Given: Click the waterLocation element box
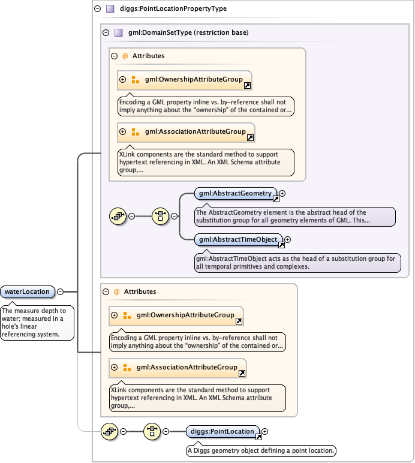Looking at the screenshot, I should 28,292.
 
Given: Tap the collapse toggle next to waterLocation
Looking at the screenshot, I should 60,292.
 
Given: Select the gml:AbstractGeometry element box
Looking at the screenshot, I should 235,194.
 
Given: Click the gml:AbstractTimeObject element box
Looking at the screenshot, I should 238,239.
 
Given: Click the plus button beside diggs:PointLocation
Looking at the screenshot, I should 265,431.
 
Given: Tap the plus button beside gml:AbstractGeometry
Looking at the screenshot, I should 282,194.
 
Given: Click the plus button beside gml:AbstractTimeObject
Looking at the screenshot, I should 287,239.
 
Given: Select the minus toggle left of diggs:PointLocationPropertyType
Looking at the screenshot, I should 97,9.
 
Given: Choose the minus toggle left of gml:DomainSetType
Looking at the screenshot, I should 106,32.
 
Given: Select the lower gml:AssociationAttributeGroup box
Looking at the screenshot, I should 178,368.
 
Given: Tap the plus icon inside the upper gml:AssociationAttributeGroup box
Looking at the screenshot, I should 122,132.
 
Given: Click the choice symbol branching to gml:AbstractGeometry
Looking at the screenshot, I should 161,217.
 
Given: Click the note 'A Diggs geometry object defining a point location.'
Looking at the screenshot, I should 261,450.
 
